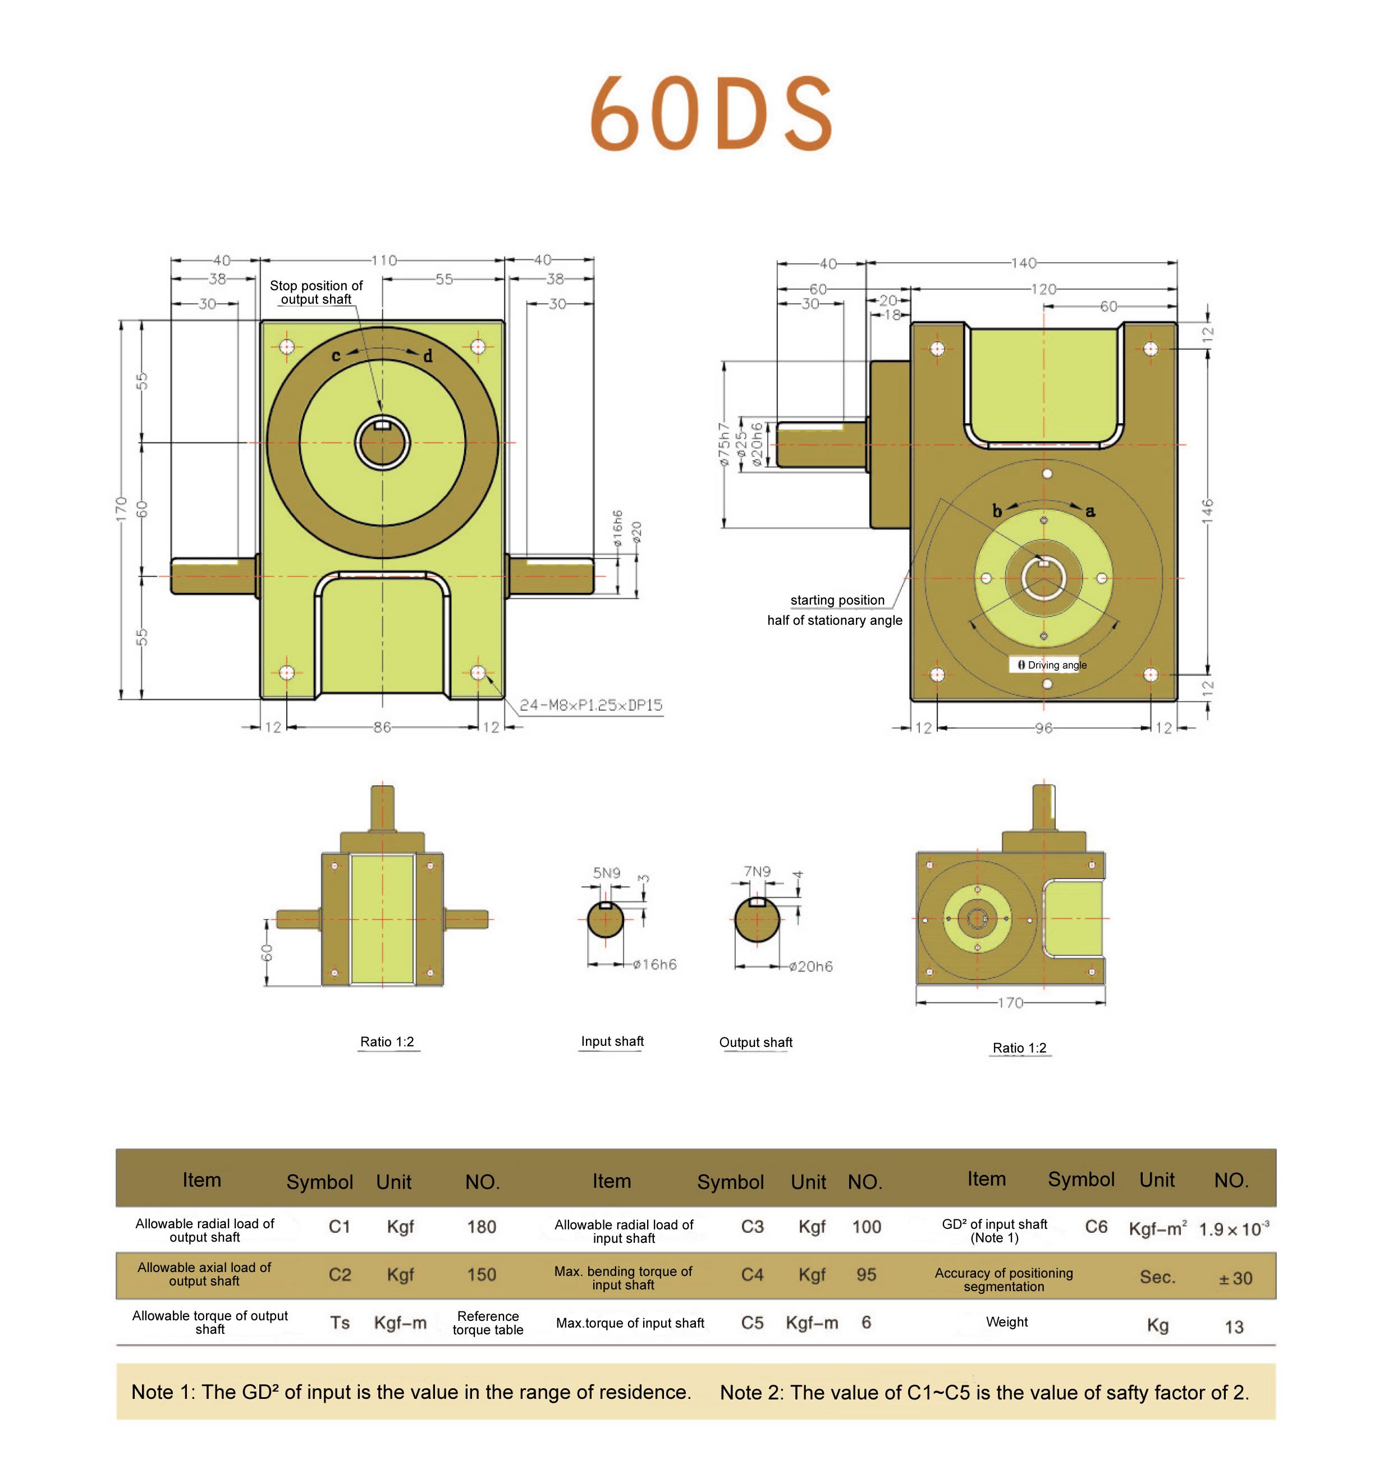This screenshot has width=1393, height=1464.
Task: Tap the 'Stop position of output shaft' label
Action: (x=317, y=292)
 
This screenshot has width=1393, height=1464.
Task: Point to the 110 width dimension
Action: (x=384, y=260)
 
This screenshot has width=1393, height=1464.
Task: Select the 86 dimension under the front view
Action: (x=382, y=727)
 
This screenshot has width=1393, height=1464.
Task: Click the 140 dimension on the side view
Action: (x=1023, y=263)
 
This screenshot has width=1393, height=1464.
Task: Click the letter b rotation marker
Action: (x=997, y=511)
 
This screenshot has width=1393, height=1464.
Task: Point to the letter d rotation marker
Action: (x=428, y=356)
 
